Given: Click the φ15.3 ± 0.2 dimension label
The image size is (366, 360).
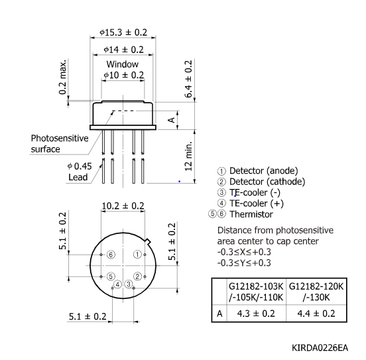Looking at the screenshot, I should click(x=123, y=32).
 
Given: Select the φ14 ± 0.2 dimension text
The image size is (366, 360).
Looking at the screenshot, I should click(x=123, y=49).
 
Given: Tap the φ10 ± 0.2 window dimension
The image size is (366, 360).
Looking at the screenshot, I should click(x=123, y=76).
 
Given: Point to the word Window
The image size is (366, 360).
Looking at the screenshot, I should click(x=123, y=64).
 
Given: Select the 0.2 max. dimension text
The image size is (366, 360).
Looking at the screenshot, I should click(x=63, y=78).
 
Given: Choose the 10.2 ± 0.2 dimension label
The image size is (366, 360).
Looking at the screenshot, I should click(x=123, y=206).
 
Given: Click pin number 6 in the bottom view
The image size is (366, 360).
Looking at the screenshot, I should click(x=111, y=255).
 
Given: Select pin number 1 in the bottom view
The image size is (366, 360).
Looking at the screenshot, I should click(x=137, y=255).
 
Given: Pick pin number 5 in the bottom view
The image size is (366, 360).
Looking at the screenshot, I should click(x=111, y=276).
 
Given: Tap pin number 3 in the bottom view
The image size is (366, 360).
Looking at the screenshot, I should click(x=130, y=284).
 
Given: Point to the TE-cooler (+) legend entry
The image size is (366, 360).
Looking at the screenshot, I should click(x=257, y=203).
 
